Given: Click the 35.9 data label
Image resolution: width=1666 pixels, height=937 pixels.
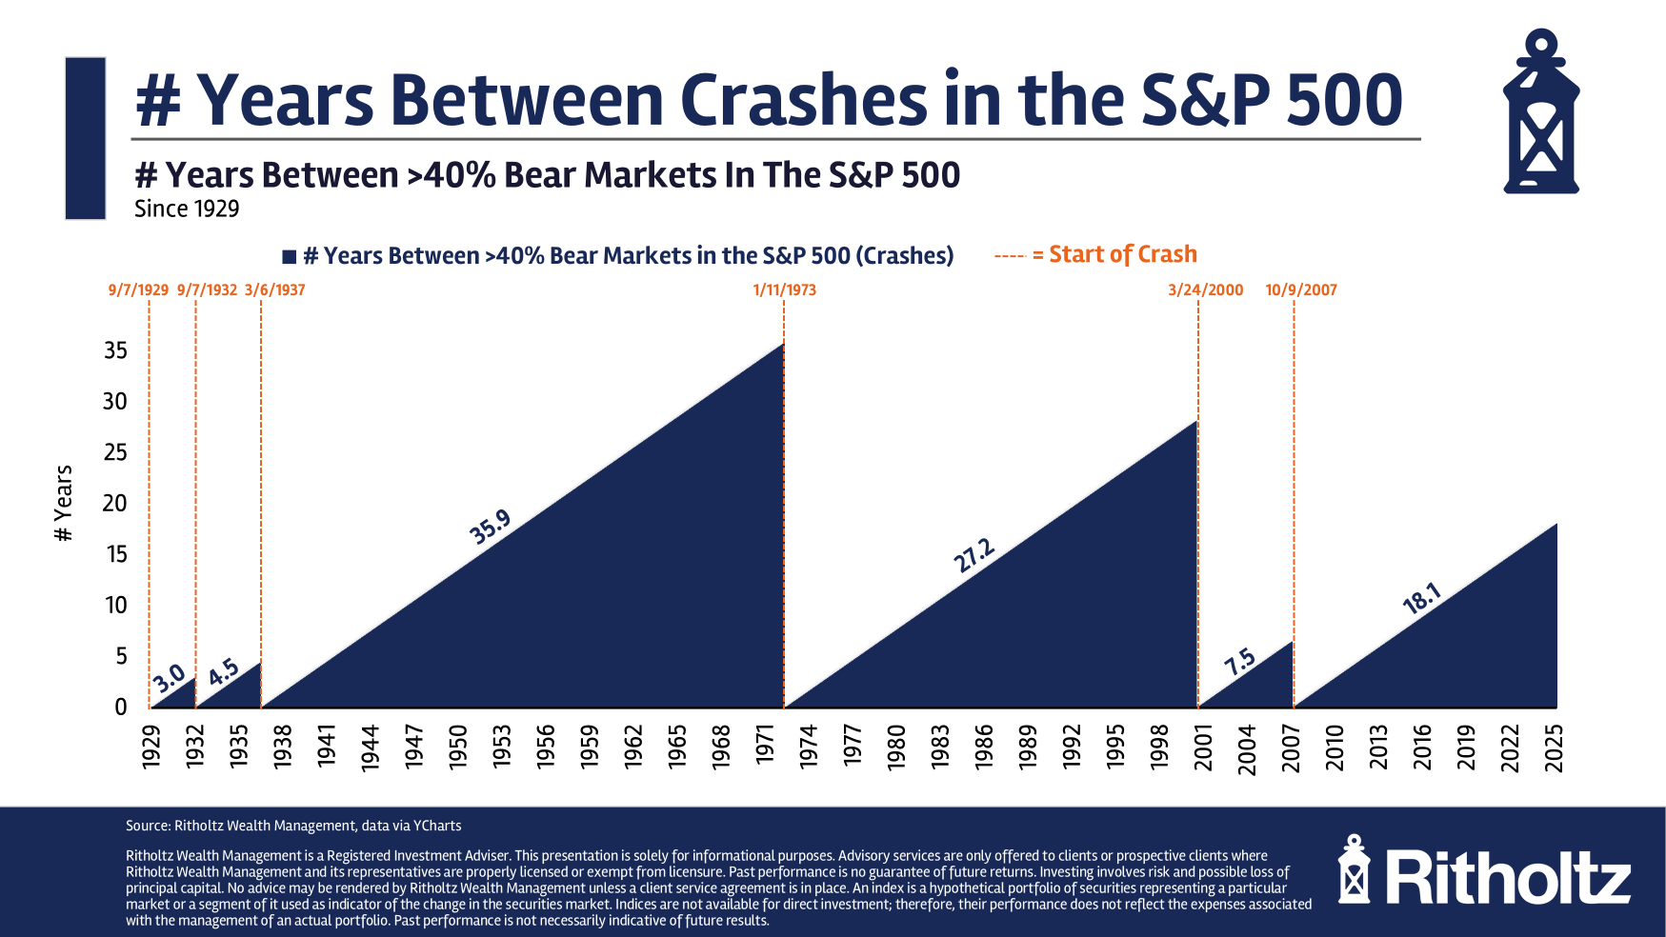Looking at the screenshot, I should click(491, 527).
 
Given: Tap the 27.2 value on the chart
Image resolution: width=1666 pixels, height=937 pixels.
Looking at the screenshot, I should click(974, 556).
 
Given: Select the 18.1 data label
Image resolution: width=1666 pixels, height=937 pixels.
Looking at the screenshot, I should click(1422, 599).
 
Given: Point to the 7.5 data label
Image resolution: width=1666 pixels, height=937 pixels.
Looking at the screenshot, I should click(1239, 661).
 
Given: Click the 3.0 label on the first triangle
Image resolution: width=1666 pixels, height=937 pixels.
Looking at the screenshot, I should click(169, 679).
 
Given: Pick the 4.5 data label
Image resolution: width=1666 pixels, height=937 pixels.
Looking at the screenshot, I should click(223, 672).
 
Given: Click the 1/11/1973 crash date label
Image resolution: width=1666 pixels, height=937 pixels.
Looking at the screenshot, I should click(784, 290).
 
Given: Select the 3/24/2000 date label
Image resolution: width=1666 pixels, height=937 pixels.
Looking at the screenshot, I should click(1205, 290).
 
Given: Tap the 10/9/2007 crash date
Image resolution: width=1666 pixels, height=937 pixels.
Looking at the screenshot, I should click(1300, 290).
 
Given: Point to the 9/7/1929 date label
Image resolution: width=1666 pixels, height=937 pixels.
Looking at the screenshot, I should click(138, 290).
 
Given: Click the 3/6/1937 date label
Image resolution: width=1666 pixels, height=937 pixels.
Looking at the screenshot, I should click(274, 290).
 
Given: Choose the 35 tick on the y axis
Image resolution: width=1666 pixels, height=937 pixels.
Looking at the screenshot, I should click(115, 350).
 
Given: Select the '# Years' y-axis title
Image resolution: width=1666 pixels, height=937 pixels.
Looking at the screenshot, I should click(64, 503).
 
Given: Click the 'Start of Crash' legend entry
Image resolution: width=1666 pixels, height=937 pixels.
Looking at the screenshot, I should click(1122, 255).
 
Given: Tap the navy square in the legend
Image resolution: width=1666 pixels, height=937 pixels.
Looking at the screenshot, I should click(290, 257).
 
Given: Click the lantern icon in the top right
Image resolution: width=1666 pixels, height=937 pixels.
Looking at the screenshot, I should click(1540, 112).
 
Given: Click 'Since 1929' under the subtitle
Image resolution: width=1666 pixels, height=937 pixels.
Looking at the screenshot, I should click(187, 209).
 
